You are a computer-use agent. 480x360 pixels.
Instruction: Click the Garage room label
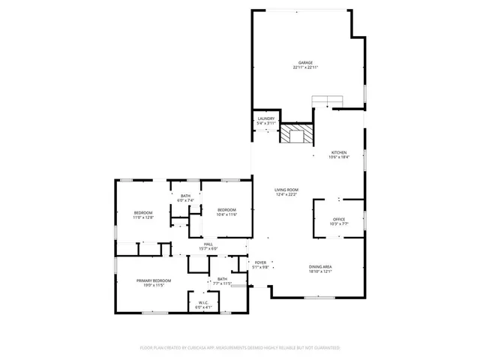click(304, 63)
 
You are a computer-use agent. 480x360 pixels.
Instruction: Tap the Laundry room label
click(266, 118)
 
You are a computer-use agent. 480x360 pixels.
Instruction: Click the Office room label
click(339, 219)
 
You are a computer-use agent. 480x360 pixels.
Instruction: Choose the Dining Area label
click(321, 266)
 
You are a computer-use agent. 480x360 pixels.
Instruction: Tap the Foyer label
click(260, 262)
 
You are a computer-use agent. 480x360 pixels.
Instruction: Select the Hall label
click(208, 244)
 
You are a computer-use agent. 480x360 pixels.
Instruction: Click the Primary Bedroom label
click(154, 280)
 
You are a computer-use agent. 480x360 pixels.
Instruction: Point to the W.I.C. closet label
click(204, 303)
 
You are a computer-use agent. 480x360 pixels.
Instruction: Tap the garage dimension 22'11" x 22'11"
click(304, 67)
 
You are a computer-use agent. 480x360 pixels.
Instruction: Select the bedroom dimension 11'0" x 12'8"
click(143, 217)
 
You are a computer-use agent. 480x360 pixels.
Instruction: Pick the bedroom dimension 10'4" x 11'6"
click(227, 214)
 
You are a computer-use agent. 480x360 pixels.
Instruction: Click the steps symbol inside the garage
click(326, 101)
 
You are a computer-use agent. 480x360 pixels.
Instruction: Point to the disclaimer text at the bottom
click(240, 348)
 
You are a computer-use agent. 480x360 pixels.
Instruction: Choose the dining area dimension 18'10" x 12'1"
click(321, 271)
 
